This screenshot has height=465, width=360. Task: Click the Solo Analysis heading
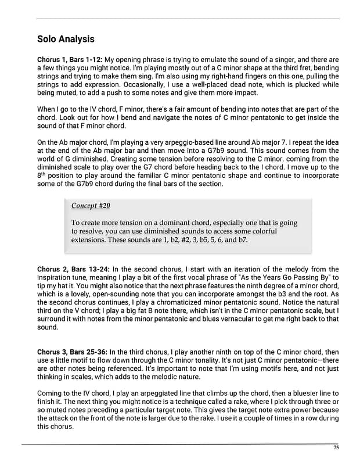pyautogui.click(x=66, y=40)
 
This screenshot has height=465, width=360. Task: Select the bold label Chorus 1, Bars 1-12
pyautogui.click(x=69, y=60)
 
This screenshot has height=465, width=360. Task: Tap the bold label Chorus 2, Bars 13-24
pyautogui.click(x=72, y=269)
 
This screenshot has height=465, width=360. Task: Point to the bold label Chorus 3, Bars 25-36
pyautogui.click(x=72, y=352)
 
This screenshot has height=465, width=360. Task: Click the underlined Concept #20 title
pyautogui.click(x=91, y=206)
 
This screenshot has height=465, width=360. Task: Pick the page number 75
pyautogui.click(x=336, y=448)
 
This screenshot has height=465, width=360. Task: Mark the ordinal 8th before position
pyautogui.click(x=41, y=175)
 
